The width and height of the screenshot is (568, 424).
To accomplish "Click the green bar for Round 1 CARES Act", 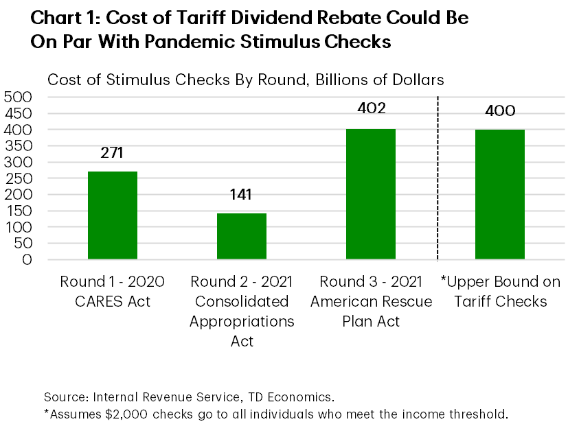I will click(x=113, y=215).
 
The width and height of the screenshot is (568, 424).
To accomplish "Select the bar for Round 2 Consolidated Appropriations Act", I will click(x=242, y=237).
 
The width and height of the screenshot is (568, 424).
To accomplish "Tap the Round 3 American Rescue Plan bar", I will click(x=371, y=194).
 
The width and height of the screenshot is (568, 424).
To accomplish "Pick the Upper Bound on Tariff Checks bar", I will click(x=499, y=195).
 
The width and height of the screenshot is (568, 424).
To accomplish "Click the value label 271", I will click(x=111, y=152).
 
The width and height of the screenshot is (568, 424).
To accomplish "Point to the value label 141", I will click(x=240, y=194).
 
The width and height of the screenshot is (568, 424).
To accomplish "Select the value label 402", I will click(x=371, y=108).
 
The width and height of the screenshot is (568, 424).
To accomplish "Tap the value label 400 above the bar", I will click(x=499, y=111).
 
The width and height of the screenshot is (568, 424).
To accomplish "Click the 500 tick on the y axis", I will click(x=19, y=97).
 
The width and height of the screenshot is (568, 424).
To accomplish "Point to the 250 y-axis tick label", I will click(x=19, y=178).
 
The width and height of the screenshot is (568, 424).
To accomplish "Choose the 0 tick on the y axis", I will click(x=27, y=259).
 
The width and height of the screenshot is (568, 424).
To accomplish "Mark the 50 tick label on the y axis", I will click(x=23, y=243).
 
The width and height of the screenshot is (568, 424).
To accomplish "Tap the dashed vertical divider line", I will click(x=438, y=178).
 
